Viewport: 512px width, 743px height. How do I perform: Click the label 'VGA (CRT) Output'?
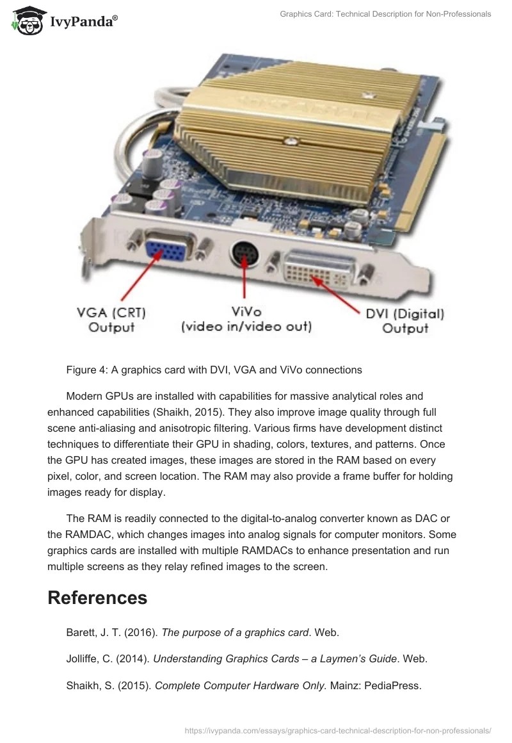point(111,320)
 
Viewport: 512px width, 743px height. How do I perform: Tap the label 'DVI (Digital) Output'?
point(404,321)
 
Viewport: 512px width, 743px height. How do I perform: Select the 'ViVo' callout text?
point(246,312)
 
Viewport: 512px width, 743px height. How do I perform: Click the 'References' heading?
point(97,598)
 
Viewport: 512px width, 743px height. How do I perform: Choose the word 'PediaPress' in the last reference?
point(392,685)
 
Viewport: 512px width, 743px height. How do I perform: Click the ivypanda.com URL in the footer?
point(337,730)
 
